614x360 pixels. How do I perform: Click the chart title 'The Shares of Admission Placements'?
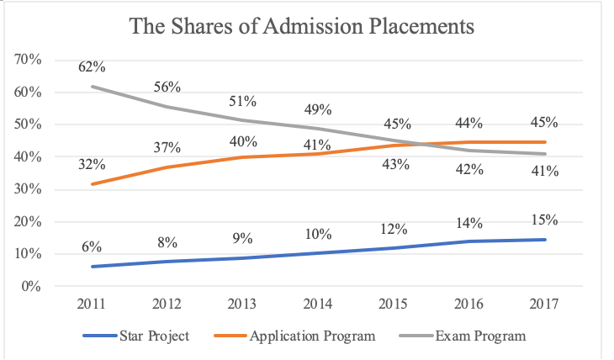pos(302,27)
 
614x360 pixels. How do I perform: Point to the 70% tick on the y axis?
pos(29,60)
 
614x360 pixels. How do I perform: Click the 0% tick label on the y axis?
pos(32,286)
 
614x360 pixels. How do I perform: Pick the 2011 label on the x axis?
pos(92,304)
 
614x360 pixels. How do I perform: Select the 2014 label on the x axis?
pos(318,304)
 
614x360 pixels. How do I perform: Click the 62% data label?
pos(93,66)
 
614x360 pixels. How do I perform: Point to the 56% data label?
pos(167,87)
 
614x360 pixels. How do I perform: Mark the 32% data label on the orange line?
pos(93,164)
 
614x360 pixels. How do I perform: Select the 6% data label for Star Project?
pos(92,247)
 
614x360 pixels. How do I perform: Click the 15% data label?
pos(545,220)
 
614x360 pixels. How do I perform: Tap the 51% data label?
pos(243,102)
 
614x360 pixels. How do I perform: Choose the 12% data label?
pos(394,229)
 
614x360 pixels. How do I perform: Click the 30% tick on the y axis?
pos(29,189)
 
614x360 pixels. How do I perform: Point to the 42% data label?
pos(469,170)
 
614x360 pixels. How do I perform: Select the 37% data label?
pos(167,148)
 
